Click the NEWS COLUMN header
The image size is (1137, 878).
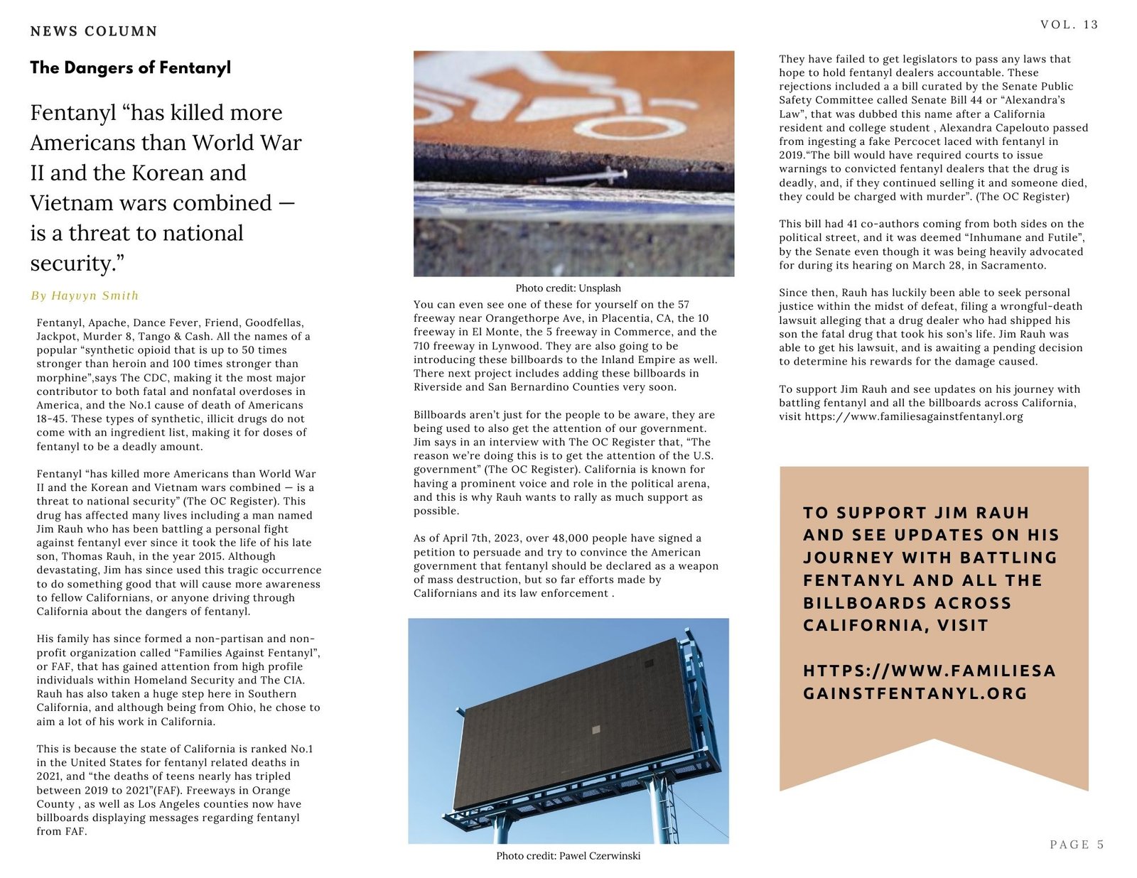tap(94, 31)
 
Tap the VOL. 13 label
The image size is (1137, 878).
tap(1069, 25)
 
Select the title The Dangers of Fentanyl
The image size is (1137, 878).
tap(131, 68)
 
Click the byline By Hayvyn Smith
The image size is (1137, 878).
tap(85, 296)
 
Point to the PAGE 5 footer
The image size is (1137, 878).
tap(1077, 844)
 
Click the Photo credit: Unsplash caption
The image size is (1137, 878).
tap(568, 288)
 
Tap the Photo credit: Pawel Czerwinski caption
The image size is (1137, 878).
tap(568, 856)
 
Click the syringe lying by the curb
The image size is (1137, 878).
tap(603, 173)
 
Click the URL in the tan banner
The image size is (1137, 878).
tap(929, 682)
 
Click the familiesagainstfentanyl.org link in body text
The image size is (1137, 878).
tap(914, 416)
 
